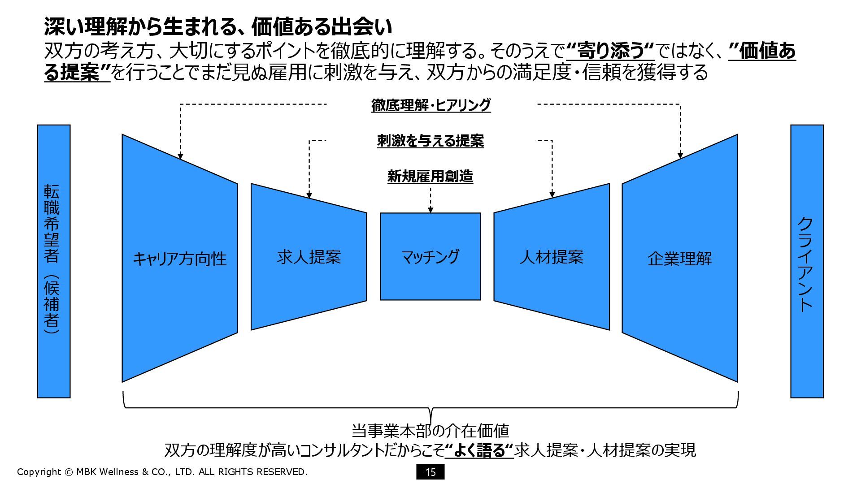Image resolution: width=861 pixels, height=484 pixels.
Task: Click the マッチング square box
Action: (430, 256)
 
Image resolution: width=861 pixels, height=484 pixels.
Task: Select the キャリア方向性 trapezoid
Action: (179, 258)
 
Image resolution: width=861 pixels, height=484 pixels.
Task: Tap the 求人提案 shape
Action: (309, 257)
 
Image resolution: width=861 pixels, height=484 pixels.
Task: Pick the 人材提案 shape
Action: (552, 257)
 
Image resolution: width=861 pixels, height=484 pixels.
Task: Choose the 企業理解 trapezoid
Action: (679, 258)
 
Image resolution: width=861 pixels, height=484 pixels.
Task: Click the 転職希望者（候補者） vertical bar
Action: (54, 261)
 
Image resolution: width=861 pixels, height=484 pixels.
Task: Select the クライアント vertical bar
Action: (806, 261)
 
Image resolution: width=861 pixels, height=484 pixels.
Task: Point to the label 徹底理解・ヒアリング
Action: (431, 105)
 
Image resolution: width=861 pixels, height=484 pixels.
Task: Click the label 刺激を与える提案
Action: (430, 141)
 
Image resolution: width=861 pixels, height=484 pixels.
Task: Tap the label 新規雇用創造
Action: (430, 177)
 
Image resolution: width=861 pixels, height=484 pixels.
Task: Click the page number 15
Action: (430, 472)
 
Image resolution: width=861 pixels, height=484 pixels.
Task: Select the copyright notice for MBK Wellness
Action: (162, 471)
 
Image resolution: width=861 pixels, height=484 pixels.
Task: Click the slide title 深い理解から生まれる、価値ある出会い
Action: (218, 27)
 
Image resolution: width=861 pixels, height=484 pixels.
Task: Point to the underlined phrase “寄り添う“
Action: (610, 51)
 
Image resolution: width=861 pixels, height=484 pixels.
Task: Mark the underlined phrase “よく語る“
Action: (479, 450)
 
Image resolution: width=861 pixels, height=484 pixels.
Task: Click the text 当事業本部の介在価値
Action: (430, 431)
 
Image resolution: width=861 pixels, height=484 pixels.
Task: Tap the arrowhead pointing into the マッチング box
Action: (430, 210)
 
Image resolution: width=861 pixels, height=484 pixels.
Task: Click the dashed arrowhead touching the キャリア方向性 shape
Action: (180, 156)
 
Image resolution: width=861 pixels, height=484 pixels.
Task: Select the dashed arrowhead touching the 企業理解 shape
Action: (680, 156)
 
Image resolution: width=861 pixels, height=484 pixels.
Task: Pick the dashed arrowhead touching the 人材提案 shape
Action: (552, 194)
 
